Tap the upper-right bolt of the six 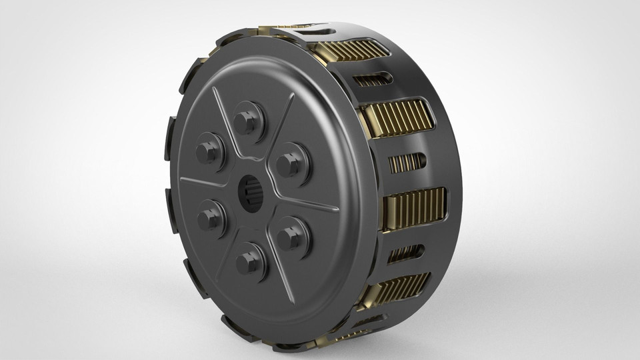[x=289, y=162]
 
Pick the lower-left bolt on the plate [x=209, y=216]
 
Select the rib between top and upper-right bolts [x=281, y=124]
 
